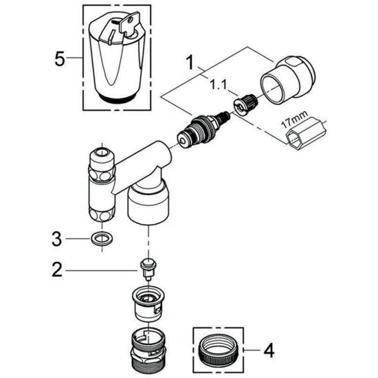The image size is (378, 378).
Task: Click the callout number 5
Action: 60,59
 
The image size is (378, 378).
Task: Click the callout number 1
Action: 190,62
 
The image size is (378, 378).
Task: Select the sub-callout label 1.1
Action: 218,85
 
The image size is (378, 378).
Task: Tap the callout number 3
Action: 56,238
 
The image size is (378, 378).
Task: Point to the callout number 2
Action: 57,270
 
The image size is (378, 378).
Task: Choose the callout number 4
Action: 269,351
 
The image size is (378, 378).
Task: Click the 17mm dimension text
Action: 295,120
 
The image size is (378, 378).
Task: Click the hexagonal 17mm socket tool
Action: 306,133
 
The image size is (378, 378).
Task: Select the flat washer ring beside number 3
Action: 102,239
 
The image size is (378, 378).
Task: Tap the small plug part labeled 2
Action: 148,268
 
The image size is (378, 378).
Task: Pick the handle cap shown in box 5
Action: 117,58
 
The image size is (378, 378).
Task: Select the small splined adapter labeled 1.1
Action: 245,104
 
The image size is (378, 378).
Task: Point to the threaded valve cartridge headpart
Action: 203,129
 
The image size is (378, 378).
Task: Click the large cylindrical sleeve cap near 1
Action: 287,80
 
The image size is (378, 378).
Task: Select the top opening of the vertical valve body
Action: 102,153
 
